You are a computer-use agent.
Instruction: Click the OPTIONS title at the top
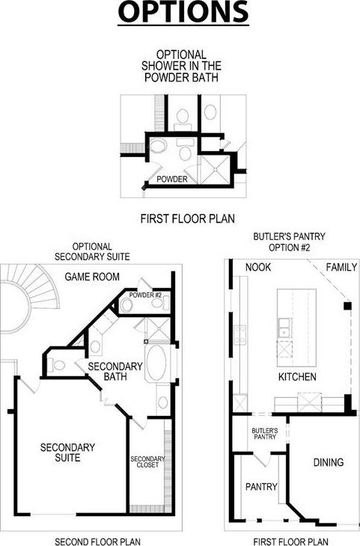click(x=183, y=12)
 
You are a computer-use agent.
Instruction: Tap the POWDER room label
click(x=172, y=179)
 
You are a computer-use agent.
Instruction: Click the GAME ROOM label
click(x=92, y=277)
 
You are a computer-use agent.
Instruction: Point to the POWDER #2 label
click(x=145, y=295)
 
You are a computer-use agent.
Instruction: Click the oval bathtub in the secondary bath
click(x=156, y=363)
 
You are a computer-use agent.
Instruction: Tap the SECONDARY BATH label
click(x=115, y=371)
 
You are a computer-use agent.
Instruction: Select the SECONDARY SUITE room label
click(x=67, y=453)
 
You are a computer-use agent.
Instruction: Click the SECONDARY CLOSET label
click(x=147, y=462)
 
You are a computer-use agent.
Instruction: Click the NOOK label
click(x=258, y=267)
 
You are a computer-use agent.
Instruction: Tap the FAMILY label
click(x=341, y=267)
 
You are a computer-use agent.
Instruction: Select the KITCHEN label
click(x=297, y=377)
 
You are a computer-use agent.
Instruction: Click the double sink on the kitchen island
click(x=284, y=328)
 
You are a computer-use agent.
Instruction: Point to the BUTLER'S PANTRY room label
click(x=264, y=434)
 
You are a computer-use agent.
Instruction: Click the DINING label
click(x=329, y=462)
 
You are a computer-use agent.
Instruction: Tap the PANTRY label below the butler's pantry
click(x=261, y=486)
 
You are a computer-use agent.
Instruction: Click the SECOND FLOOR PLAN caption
click(x=97, y=542)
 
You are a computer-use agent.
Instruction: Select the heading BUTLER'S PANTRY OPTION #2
click(x=289, y=242)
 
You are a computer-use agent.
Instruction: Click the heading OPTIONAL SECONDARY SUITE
click(x=92, y=252)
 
